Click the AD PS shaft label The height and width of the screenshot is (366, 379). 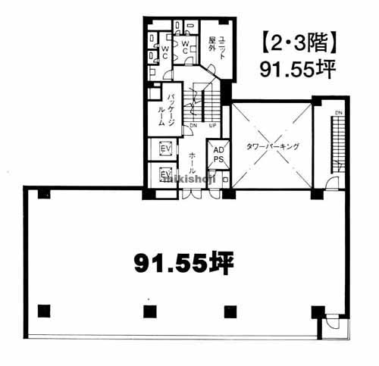218,155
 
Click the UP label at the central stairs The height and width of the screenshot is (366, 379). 211,125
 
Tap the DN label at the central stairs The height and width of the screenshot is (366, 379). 193,125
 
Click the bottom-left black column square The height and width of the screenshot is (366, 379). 43,310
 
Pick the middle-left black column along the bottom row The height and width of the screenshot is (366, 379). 148,310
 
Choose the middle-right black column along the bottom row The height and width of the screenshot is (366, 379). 230,310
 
